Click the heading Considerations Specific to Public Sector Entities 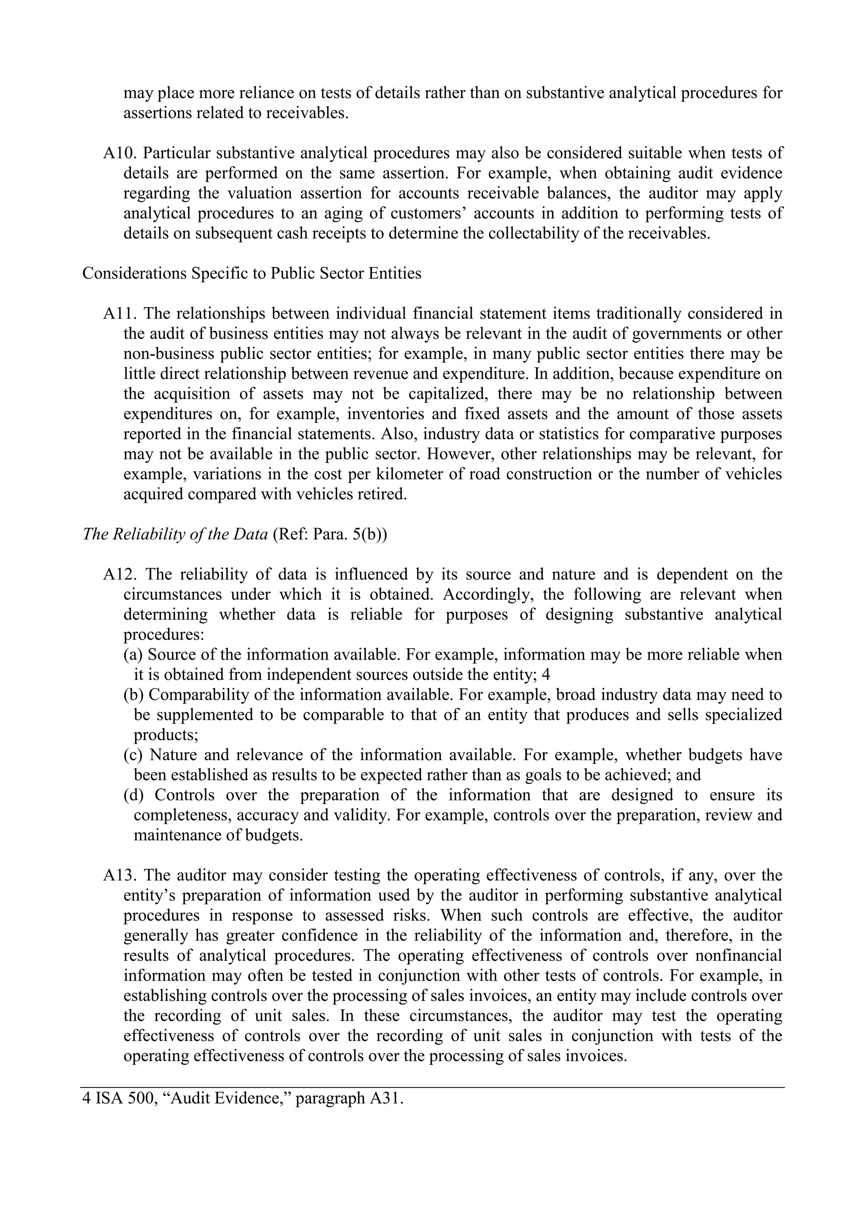tap(252, 273)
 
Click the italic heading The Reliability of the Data tap(175, 534)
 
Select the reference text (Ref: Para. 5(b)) tap(330, 534)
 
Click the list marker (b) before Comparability tap(134, 695)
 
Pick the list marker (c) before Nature tap(133, 755)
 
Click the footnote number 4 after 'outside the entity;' tap(546, 675)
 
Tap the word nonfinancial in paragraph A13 tap(739, 955)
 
